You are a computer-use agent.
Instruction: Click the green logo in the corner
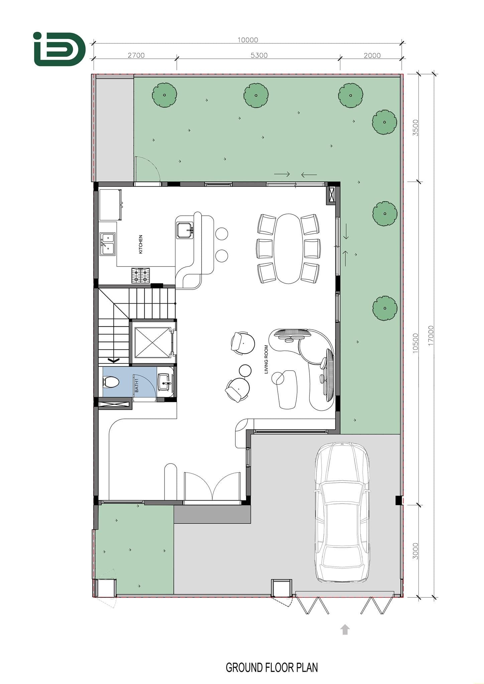pyautogui.click(x=59, y=49)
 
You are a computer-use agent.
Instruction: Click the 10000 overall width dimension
pyautogui.click(x=248, y=40)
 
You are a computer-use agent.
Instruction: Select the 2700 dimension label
pyautogui.click(x=136, y=55)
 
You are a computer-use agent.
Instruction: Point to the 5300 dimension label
pyautogui.click(x=259, y=55)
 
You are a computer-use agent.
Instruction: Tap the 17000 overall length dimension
pyautogui.click(x=431, y=335)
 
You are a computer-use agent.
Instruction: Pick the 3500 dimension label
pyautogui.click(x=415, y=128)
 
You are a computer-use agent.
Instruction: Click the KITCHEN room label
pyautogui.click(x=141, y=244)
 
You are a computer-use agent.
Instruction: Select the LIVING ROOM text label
pyautogui.click(x=266, y=359)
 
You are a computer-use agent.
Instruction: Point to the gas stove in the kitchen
pyautogui.click(x=140, y=276)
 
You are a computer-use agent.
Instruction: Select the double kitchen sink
pyautogui.click(x=108, y=244)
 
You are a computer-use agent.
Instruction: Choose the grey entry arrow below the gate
pyautogui.click(x=345, y=629)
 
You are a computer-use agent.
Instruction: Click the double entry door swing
pyautogui.click(x=212, y=486)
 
